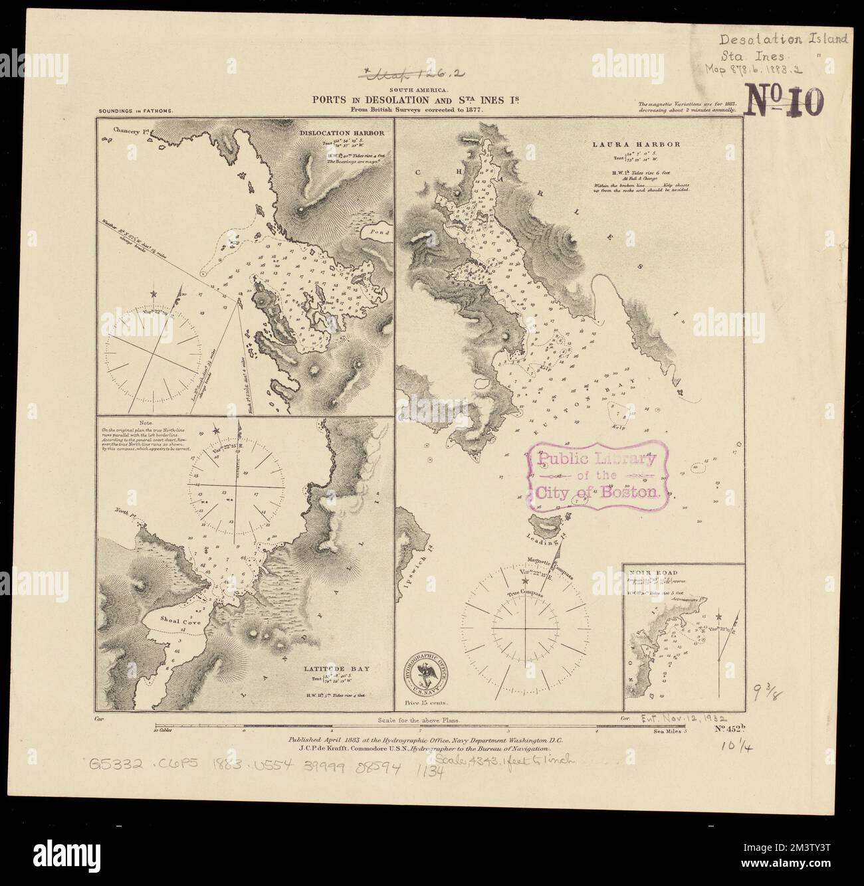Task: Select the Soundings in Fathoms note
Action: click(x=136, y=112)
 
